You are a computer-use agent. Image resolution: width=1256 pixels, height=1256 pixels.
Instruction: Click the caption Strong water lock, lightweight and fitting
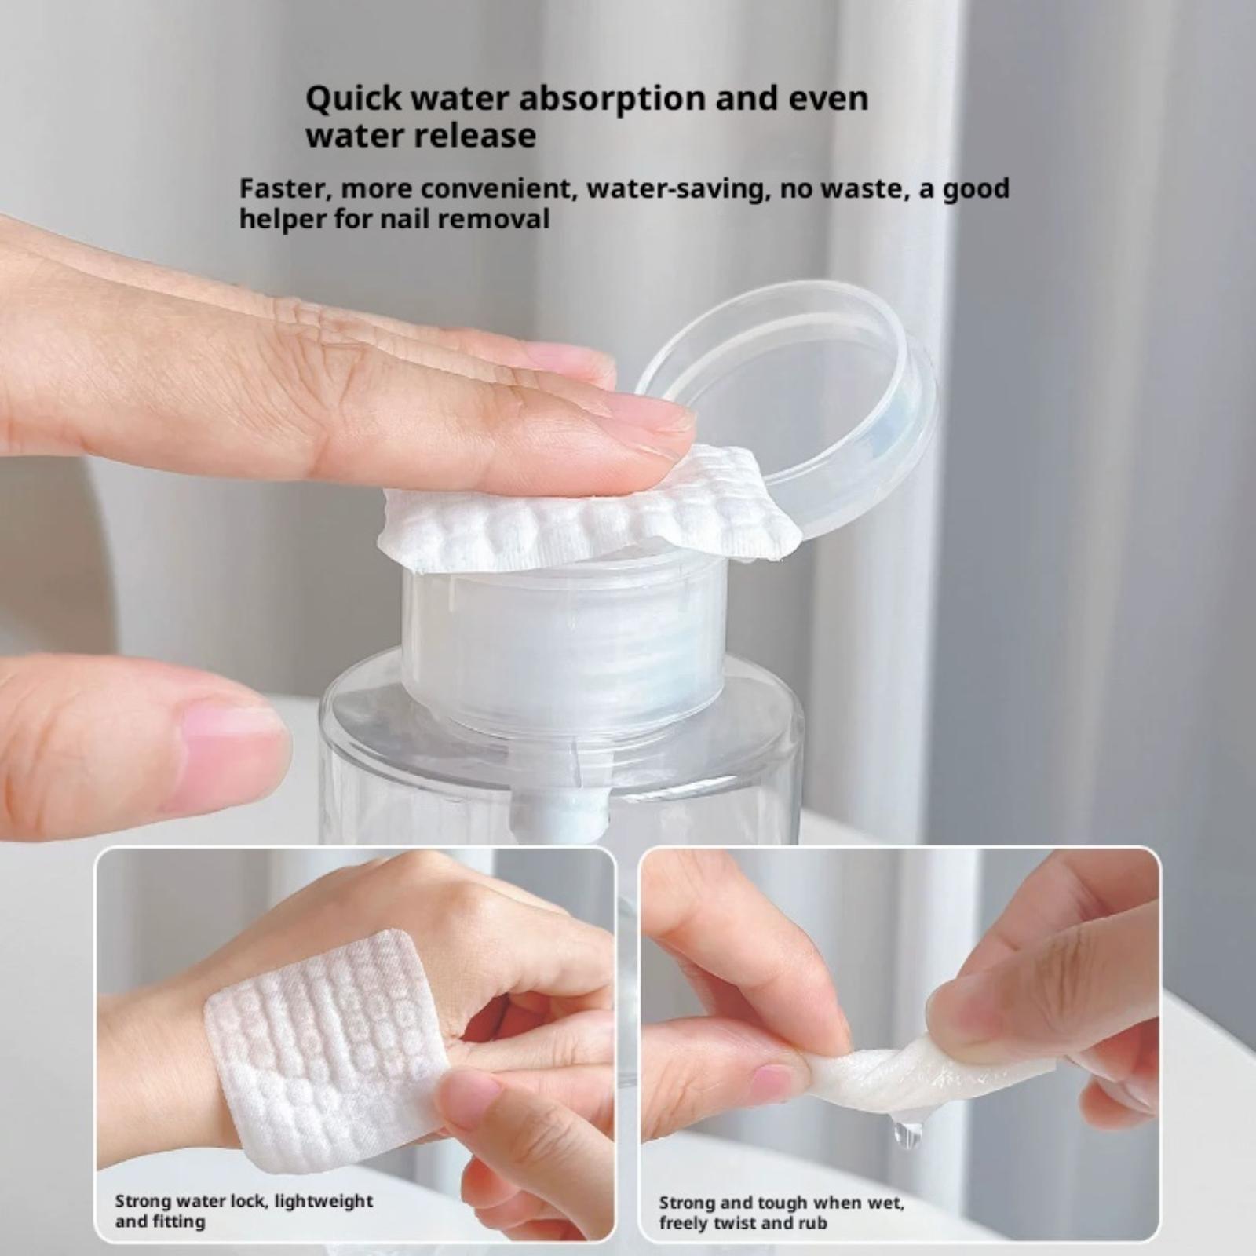[x=244, y=1210]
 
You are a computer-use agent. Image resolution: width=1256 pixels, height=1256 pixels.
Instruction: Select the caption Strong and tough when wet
[x=781, y=1203]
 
